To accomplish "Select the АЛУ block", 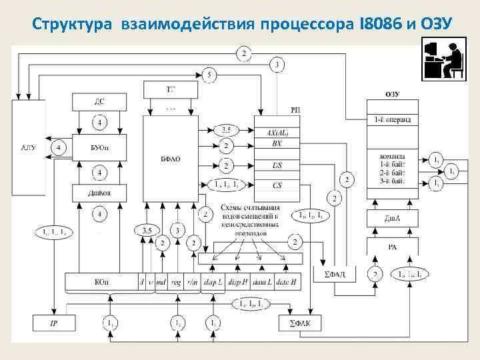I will [29, 147].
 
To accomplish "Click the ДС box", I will [99, 102].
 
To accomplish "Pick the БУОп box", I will [99, 147].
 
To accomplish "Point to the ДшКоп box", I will [99, 193].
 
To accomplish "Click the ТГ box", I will [171, 89].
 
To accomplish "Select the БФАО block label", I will [171, 158].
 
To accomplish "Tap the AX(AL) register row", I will [277, 132].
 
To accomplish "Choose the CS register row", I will [277, 185].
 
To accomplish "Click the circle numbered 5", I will [209, 75].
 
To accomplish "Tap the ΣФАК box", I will [300, 323].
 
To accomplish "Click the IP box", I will [54, 323].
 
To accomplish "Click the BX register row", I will [277, 144].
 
